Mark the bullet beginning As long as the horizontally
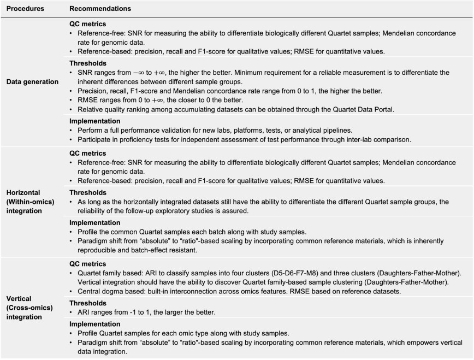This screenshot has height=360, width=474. pos(262,202)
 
